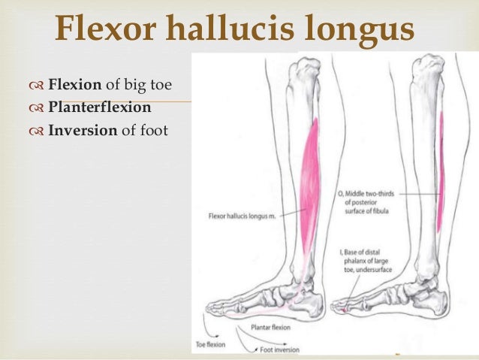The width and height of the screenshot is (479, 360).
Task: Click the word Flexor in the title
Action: tap(101, 29)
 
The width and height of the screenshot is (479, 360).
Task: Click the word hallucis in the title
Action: tap(221, 29)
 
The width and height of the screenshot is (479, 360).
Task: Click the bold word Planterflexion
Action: tap(100, 107)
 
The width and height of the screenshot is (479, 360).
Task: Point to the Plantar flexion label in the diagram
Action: tap(261, 328)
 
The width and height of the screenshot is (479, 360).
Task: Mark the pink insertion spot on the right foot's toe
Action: tap(342, 309)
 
